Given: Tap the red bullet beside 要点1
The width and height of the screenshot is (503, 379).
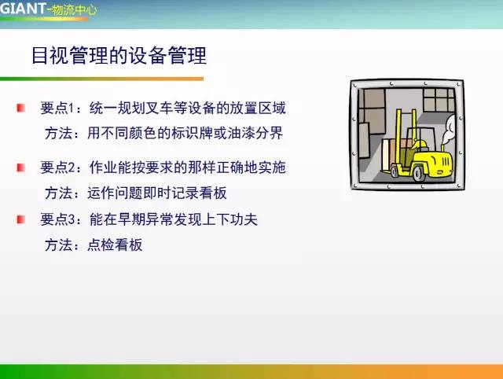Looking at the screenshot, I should (x=21, y=106).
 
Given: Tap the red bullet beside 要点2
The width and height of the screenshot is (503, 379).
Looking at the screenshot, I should (x=21, y=166).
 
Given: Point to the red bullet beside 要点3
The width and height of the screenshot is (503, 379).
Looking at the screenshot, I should (x=21, y=219).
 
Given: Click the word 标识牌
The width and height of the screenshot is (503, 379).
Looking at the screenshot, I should (x=194, y=133).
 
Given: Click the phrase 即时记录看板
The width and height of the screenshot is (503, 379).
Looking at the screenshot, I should (x=186, y=193).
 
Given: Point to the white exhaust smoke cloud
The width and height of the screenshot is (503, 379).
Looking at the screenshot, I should (x=450, y=126).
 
